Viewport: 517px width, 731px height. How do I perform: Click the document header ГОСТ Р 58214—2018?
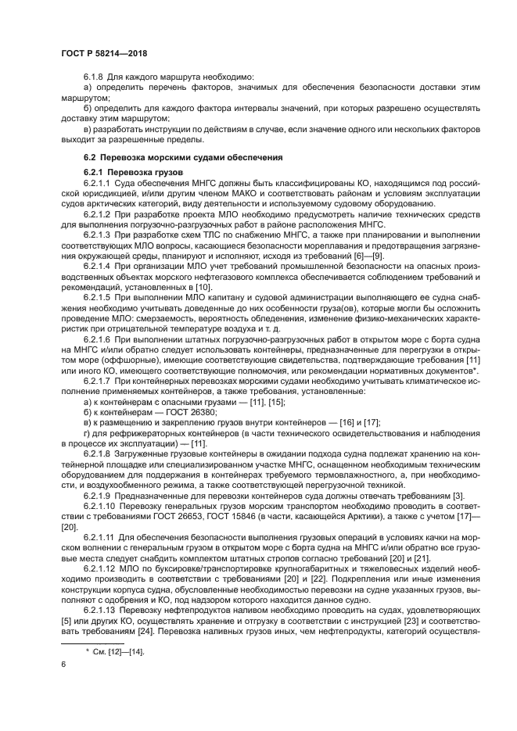[x=103, y=53]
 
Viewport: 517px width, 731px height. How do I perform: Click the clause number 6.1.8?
[x=95, y=77]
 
